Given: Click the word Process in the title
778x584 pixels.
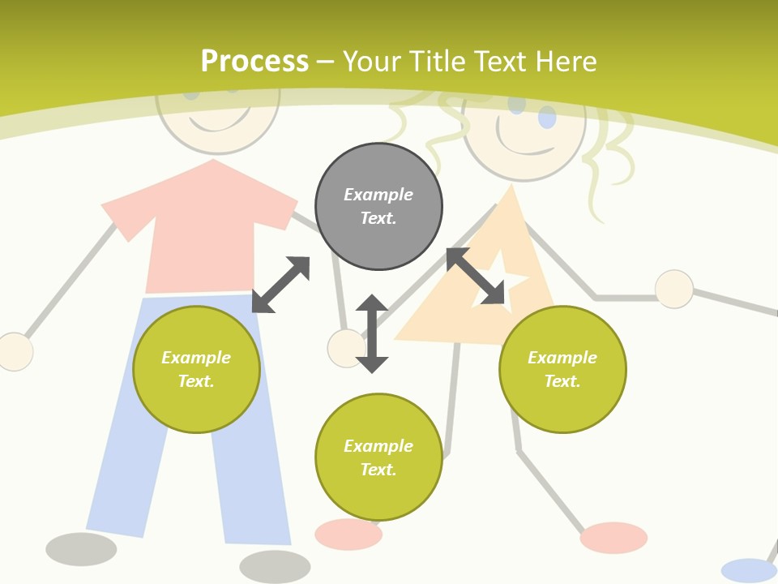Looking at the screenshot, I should coord(254,62).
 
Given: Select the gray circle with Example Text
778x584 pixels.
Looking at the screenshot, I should coord(378,207).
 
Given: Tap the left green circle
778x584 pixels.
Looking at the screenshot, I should coord(196,369).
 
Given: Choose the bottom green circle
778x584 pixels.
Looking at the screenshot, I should coord(378,457).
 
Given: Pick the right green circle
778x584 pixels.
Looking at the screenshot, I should coord(562,369).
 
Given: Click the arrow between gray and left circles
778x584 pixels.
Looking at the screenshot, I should coord(280,285).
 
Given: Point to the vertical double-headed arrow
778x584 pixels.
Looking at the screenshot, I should coord(372,333).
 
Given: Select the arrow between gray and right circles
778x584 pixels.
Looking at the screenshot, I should coord(475,276).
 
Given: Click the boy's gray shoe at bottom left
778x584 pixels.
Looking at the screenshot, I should coord(81,549).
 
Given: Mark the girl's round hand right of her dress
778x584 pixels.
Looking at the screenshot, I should coord(674,290).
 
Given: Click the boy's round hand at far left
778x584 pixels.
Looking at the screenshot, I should coord(15,352).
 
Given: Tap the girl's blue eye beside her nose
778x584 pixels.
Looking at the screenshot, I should coord(547,118).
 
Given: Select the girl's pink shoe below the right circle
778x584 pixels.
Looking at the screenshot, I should coord(613,538).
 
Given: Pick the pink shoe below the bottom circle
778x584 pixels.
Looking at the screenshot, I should coord(348,535).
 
